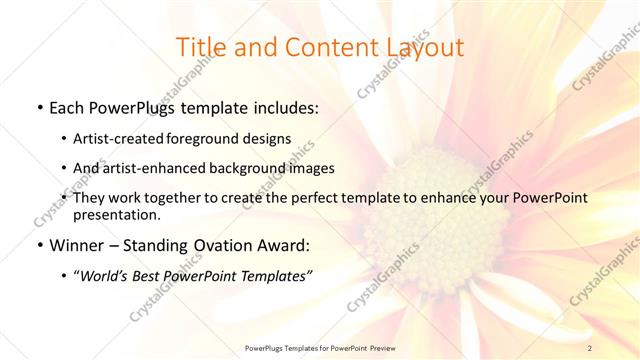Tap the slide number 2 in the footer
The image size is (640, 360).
590,347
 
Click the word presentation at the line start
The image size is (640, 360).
116,214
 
